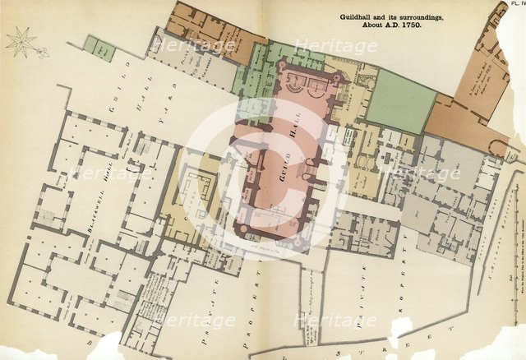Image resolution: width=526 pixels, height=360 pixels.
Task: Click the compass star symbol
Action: tap(22, 41)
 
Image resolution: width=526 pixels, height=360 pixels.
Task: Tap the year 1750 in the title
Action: tap(431, 25)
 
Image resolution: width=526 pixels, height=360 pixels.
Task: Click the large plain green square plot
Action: tap(400, 101)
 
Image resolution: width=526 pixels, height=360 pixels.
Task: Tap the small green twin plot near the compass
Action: tap(99, 48)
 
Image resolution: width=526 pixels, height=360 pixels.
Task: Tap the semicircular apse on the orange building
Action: tap(496, 148)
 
